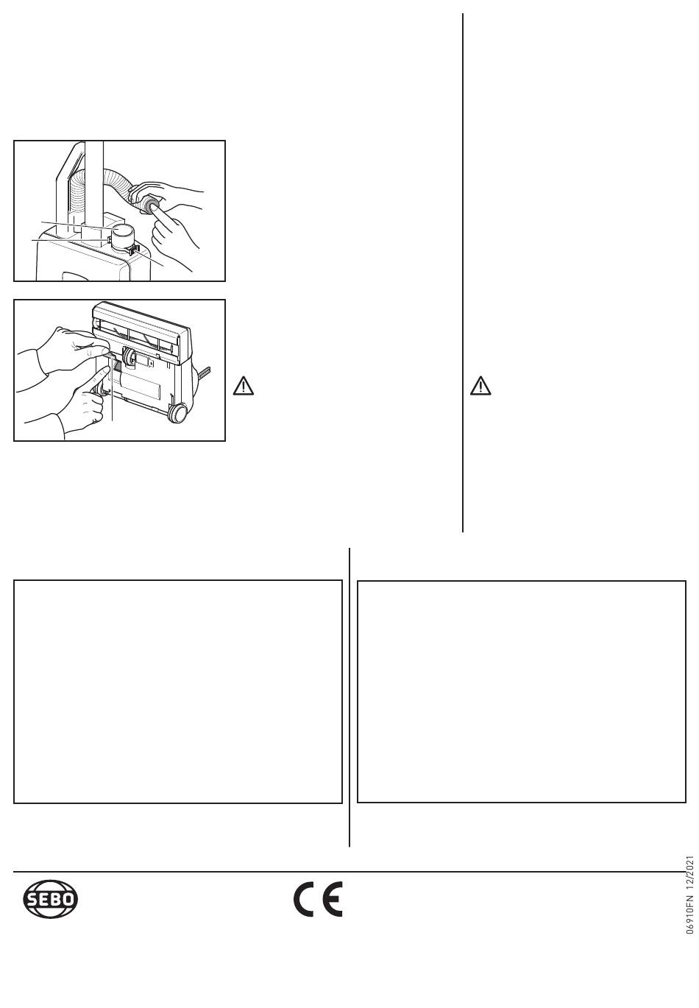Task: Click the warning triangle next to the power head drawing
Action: [243, 386]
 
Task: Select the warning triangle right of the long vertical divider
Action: [480, 386]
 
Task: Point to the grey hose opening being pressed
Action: [151, 205]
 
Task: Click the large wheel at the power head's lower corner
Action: [177, 412]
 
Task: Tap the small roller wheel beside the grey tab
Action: [129, 356]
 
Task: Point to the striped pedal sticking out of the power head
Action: [205, 371]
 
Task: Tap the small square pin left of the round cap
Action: [108, 242]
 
